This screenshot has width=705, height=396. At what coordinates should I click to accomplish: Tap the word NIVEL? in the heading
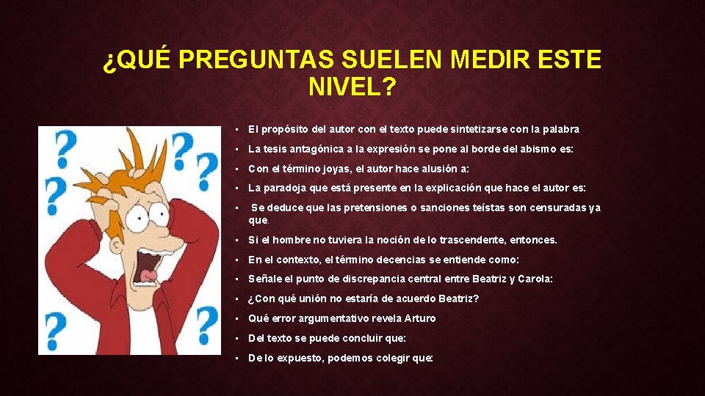[352, 88]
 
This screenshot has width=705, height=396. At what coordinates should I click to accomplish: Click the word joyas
[330, 169]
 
